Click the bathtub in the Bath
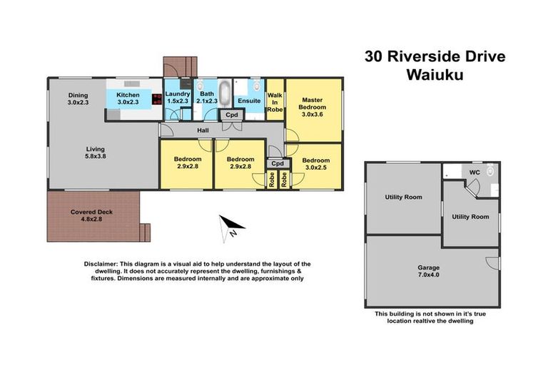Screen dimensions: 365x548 coord(224,93)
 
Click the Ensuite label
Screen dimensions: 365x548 coord(249,101)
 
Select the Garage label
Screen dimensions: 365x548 coord(428,269)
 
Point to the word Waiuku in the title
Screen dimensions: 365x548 coord(431,75)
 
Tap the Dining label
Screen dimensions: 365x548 coord(77,94)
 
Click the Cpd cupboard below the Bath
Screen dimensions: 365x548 coord(232,115)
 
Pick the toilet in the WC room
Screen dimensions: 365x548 coord(489,173)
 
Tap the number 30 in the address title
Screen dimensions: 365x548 coord(375,56)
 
